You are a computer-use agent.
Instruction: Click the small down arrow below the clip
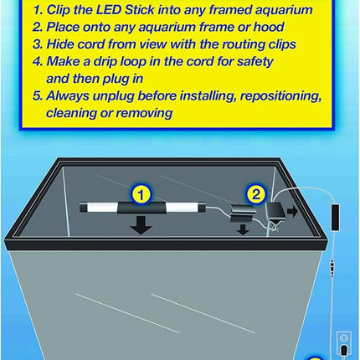click(x=244, y=228)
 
